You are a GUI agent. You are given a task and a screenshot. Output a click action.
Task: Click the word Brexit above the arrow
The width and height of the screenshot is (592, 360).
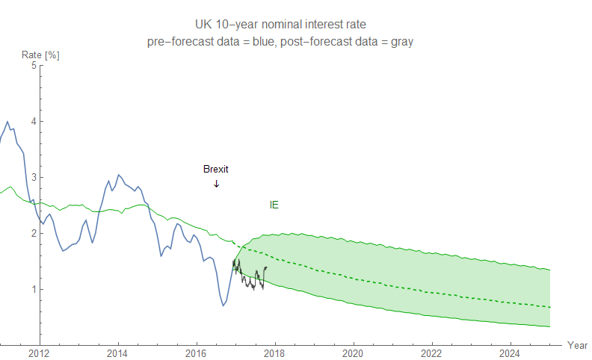pos(215,169)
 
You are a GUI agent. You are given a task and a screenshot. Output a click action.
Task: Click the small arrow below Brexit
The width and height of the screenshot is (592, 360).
pos(216,184)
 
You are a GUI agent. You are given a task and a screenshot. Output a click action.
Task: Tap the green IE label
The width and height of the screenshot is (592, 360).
pos(274,204)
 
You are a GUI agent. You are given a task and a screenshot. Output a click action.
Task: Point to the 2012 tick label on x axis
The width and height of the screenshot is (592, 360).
pos(39,353)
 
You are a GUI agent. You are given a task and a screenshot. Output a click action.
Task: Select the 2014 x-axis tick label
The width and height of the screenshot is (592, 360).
pos(117,353)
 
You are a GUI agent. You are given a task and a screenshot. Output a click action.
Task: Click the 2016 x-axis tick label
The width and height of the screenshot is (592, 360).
pos(196,353)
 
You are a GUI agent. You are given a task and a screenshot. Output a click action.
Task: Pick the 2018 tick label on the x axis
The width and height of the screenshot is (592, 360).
pos(274,353)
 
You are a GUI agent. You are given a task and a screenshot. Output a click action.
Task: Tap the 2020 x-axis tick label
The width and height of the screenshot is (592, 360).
pos(353,353)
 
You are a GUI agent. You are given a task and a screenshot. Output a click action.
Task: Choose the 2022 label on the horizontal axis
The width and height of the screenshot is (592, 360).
pos(431,353)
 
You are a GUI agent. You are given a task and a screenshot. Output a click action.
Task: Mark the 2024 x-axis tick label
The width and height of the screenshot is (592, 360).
pos(510,353)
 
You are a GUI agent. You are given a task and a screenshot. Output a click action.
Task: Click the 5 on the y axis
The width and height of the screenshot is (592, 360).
pos(33,65)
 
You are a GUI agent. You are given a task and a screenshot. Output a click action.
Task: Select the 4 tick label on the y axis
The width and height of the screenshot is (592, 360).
pos(33,121)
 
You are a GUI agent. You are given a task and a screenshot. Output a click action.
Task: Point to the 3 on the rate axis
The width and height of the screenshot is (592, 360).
pos(33,177)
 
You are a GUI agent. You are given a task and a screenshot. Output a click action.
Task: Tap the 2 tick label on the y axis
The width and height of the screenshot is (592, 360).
pos(33,233)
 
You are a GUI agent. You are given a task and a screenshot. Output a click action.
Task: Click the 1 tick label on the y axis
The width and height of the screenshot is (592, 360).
pos(33,289)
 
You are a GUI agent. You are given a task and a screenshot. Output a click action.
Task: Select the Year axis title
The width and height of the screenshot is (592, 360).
pos(576,345)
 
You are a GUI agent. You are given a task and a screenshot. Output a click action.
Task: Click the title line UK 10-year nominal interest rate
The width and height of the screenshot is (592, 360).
pos(280,25)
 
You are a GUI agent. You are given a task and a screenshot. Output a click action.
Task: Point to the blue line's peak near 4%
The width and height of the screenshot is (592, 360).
pos(7,122)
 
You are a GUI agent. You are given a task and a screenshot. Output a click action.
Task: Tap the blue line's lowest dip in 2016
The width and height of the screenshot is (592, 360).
pos(223,305)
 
